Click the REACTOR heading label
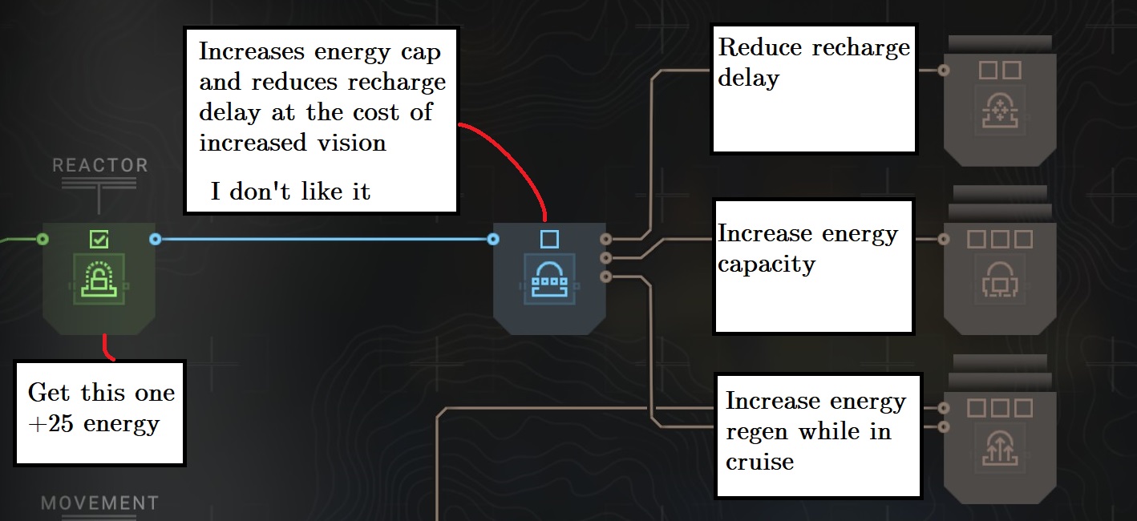point(100,166)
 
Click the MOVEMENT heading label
point(100,503)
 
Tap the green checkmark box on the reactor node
point(99,239)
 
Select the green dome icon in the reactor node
point(99,277)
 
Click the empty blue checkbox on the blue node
point(548,239)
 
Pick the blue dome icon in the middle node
point(548,277)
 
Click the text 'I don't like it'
point(290,192)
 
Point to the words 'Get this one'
point(101,393)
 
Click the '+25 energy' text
point(94,423)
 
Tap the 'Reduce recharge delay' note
point(813,63)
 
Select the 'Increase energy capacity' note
point(807,248)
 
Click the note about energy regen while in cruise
point(815,430)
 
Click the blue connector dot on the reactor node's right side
point(156,239)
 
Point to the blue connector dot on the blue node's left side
point(493,239)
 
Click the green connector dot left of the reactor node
point(43,239)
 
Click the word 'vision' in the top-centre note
point(353,143)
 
